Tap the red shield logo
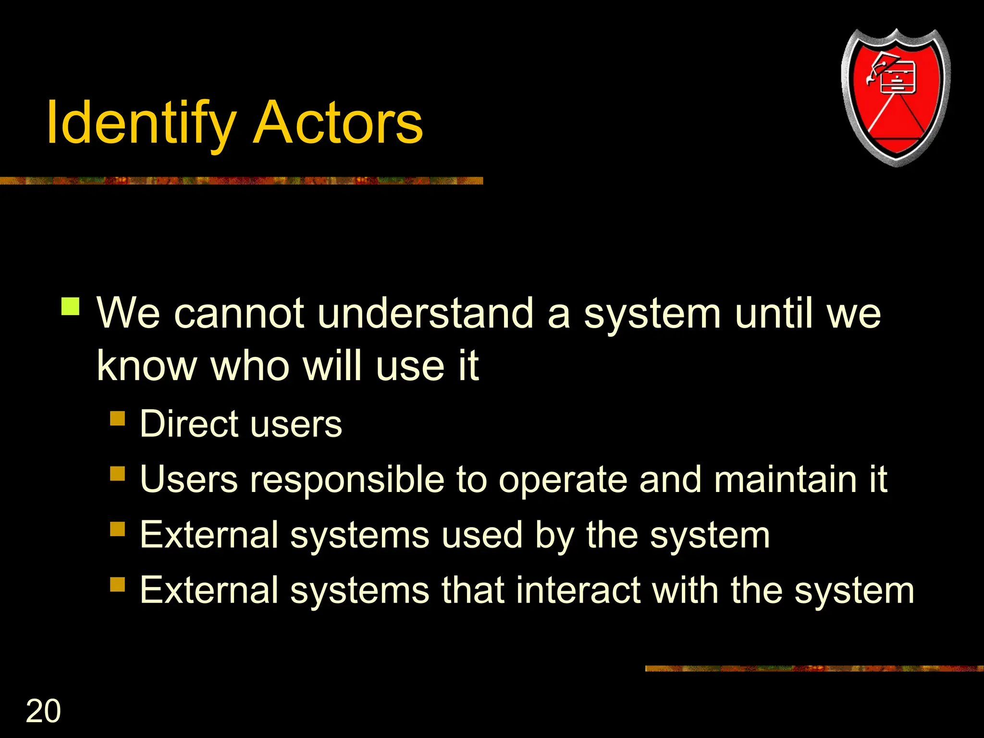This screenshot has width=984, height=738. click(x=896, y=98)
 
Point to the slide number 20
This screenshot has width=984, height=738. click(x=43, y=711)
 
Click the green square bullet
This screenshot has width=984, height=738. click(x=71, y=306)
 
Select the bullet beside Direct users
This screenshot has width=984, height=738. click(x=117, y=418)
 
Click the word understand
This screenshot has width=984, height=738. click(x=425, y=313)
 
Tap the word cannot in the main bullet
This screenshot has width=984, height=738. click(x=239, y=313)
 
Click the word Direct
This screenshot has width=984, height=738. click(x=189, y=424)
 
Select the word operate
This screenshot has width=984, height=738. click(x=563, y=480)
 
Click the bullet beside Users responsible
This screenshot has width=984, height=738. click(x=117, y=474)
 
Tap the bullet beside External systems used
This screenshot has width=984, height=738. click(x=117, y=529)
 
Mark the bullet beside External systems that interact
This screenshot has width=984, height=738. click(x=117, y=584)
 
